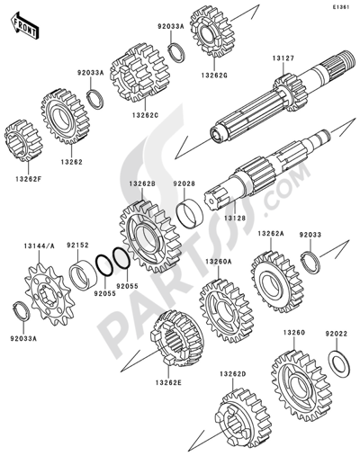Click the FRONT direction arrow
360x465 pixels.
[x=25, y=26]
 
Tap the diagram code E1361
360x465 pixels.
[x=340, y=7]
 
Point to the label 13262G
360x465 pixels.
[x=214, y=76]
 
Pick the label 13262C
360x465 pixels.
[x=145, y=114]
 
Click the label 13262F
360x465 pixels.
[x=29, y=179]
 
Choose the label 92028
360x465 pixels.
[x=184, y=183]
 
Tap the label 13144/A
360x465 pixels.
[x=40, y=246]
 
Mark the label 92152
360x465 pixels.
[x=77, y=245]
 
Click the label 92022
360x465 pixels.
[x=336, y=333]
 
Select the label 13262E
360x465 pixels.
[x=168, y=382]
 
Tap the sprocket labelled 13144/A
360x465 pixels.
[x=49, y=294]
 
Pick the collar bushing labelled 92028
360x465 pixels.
[x=190, y=214]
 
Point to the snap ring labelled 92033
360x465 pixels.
[x=310, y=263]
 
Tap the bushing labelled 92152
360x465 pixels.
[x=83, y=274]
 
